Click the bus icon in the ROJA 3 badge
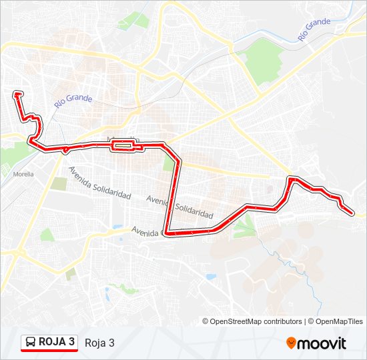click(x=31, y=343)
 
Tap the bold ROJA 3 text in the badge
click(x=57, y=343)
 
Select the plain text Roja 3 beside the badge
click(x=99, y=343)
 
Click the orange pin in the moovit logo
click(x=292, y=343)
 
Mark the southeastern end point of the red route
click(x=352, y=213)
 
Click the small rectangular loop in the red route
click(x=124, y=145)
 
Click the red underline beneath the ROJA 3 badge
click(x=49, y=351)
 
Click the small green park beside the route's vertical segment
click(x=169, y=164)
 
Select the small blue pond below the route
click(x=211, y=276)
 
